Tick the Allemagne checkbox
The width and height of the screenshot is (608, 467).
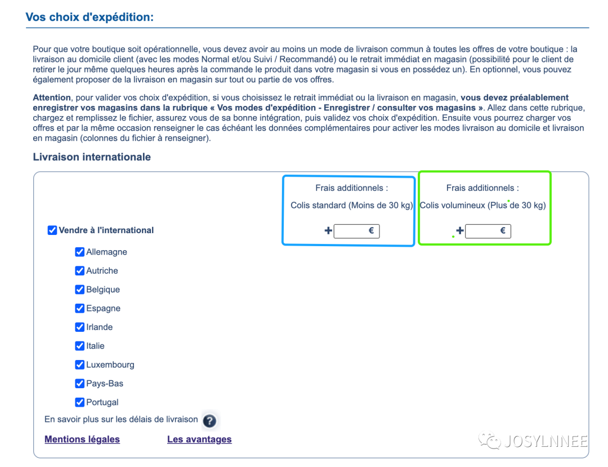(79, 252)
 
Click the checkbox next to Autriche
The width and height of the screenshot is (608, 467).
(79, 270)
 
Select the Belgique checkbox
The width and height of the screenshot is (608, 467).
(79, 290)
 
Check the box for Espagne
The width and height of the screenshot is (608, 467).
(79, 308)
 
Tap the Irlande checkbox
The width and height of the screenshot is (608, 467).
(79, 327)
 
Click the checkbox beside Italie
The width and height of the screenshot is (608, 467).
(79, 346)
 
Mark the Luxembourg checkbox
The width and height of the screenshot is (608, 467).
(79, 364)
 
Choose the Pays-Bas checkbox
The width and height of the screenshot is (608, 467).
(79, 384)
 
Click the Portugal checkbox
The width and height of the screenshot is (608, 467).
(79, 402)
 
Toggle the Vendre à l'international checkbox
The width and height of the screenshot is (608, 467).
(52, 230)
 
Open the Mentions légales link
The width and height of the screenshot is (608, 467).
(82, 439)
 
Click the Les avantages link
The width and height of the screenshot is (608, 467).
(199, 439)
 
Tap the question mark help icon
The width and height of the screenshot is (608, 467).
(209, 421)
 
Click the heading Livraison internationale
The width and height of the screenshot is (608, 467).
(92, 157)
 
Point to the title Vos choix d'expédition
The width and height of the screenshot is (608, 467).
(90, 17)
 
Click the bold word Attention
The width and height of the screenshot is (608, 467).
(52, 97)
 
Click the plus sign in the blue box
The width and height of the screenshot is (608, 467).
(328, 230)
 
